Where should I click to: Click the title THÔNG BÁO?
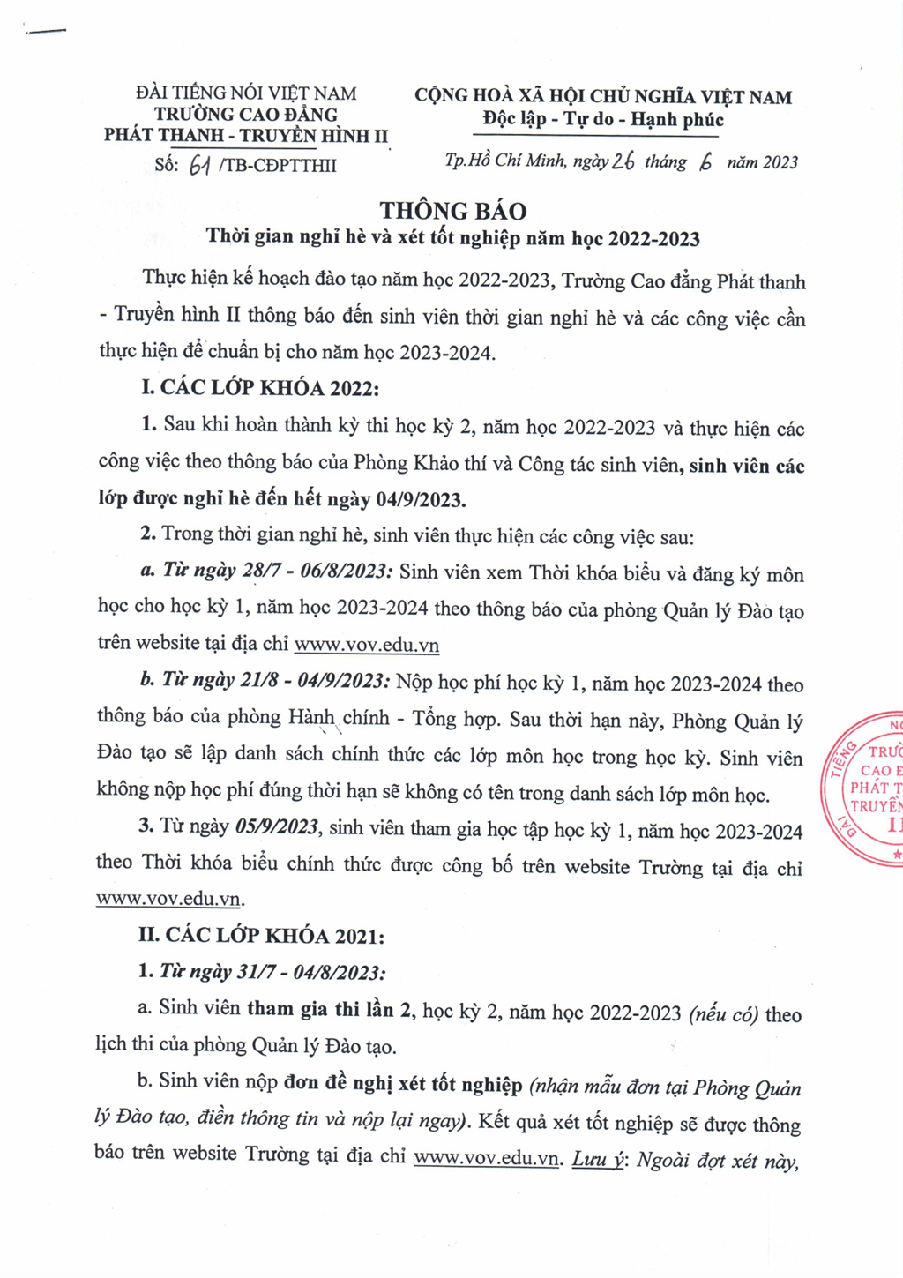pos(453,211)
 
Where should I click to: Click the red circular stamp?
pos(868,788)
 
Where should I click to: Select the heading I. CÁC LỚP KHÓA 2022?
pos(260,387)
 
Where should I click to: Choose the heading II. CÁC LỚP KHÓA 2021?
pos(261,936)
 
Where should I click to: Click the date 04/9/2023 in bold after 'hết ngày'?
pos(420,500)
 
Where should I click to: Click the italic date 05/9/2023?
pos(277,828)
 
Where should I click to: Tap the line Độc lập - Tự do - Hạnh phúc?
pos(603,120)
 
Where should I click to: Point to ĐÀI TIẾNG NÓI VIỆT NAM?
pos(246,93)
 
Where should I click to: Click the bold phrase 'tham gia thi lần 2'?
pos(329,1009)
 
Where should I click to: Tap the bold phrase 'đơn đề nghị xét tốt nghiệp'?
pos(403,1083)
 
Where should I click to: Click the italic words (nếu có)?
pos(723,1014)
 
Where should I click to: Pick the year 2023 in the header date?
pos(780,162)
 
